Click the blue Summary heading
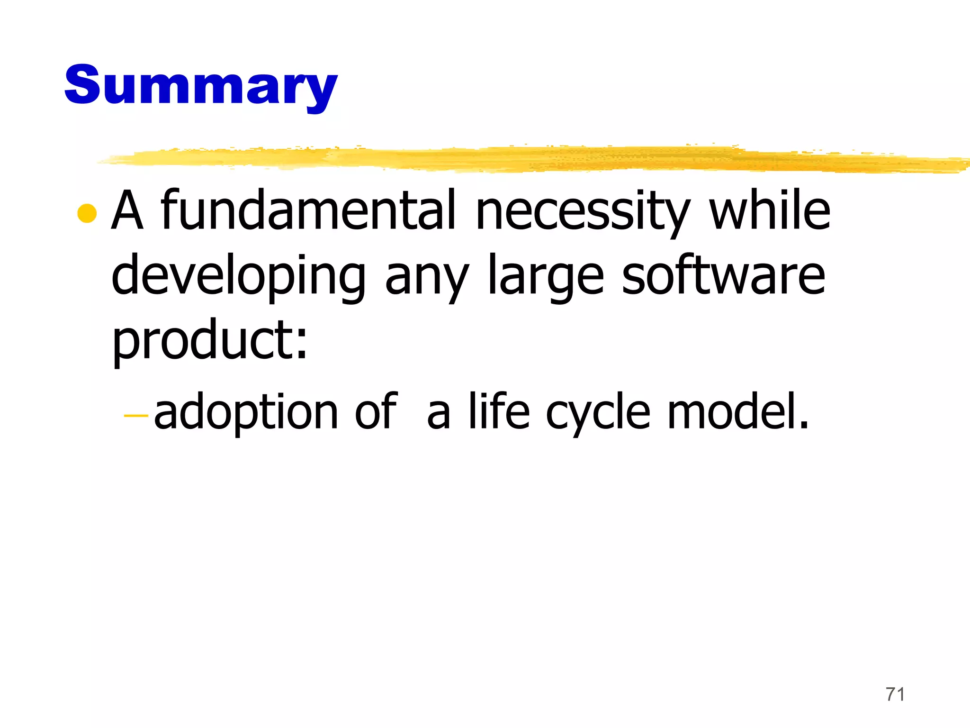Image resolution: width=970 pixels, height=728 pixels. click(x=201, y=85)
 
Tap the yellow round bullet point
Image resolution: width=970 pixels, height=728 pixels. click(x=87, y=213)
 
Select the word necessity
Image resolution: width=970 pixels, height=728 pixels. click(x=583, y=211)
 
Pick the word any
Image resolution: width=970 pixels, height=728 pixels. click(x=426, y=280)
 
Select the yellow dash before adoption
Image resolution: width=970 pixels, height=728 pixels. click(x=136, y=416)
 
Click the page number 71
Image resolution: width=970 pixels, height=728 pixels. click(x=895, y=694)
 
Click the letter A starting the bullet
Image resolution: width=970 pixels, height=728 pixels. click(x=127, y=210)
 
